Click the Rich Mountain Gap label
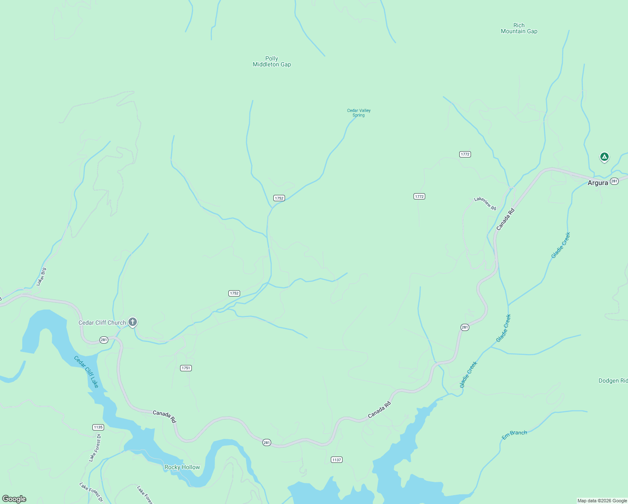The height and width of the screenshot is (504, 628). pos(519,28)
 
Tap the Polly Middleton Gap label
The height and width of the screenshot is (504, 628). pos(272,61)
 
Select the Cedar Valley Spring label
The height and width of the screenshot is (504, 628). pos(358,113)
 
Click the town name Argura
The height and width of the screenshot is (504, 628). pos(597,183)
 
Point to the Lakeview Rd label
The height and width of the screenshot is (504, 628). pos(485,203)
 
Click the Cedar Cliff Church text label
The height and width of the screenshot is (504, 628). pos(102,323)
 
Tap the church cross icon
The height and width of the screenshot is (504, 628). pos(133,322)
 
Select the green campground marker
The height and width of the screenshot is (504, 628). pos(604,157)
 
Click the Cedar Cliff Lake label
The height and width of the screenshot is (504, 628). pos(86,372)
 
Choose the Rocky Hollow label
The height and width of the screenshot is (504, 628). pos(182,467)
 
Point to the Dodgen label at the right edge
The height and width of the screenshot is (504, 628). pos(612,381)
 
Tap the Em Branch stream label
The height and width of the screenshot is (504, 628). pos(514,435)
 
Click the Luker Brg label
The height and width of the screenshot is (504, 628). pos(41,277)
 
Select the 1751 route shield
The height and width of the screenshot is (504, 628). pos(186,368)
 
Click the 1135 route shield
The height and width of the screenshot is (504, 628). pos(98,427)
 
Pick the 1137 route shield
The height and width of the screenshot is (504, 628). pos(336,459)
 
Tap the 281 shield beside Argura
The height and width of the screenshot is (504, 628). pos(614,181)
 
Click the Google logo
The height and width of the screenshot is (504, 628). pos(14,499)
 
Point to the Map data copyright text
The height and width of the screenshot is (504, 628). pos(602,501)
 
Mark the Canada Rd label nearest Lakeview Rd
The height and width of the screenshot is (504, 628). pos(505,219)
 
